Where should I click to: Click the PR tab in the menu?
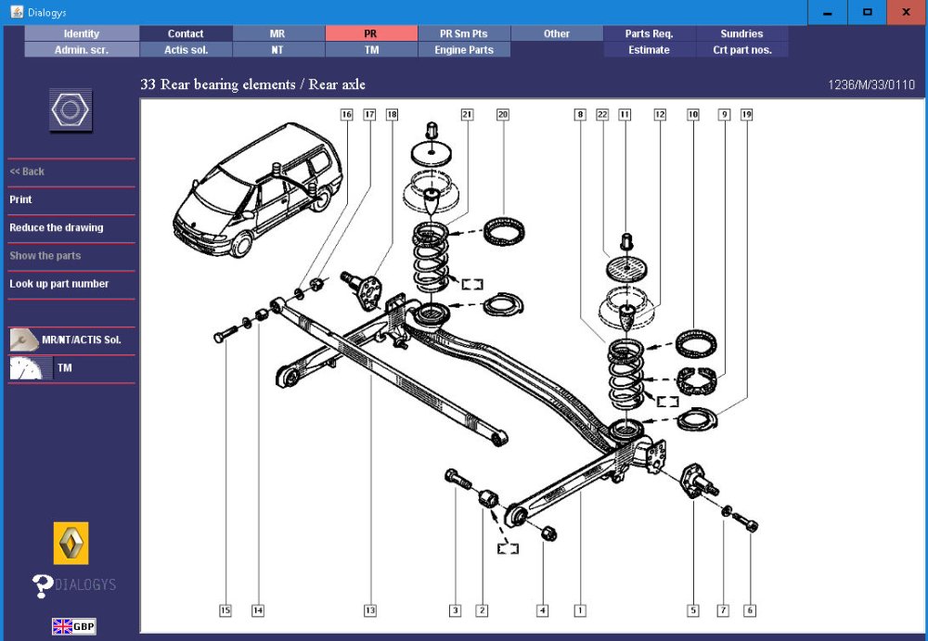coord(371,33)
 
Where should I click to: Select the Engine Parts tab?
coord(464,50)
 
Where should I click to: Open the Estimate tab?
coord(649,50)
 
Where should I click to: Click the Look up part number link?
coord(59,284)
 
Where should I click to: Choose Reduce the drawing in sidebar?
coord(57,227)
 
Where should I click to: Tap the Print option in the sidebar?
coord(20,199)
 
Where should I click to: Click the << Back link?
coord(27,172)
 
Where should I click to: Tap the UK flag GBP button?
coord(73,626)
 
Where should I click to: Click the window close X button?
coord(905,13)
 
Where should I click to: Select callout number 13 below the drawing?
coord(369,610)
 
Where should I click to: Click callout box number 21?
coord(467,115)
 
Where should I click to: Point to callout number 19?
coord(746,115)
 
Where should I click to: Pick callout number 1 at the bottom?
coord(580,610)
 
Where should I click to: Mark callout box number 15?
coord(225,610)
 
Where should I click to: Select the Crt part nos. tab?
coord(741,50)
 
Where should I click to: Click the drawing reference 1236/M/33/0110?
coord(871,85)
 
